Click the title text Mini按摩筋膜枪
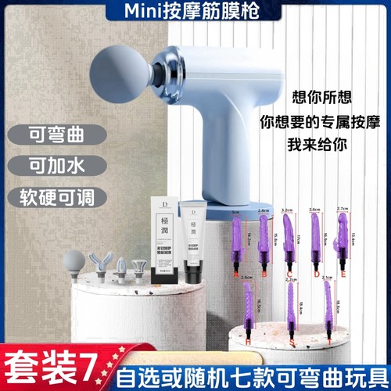tap(195, 11)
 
